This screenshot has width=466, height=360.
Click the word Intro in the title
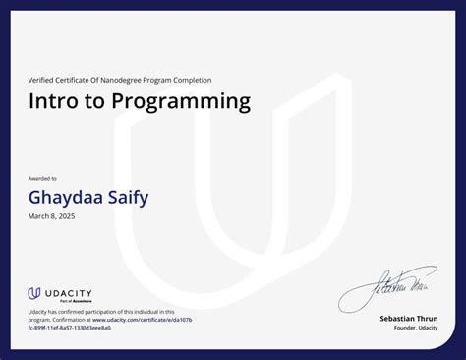pos(52,101)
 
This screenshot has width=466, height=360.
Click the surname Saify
pos(128,197)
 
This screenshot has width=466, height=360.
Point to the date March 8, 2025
pos(51,216)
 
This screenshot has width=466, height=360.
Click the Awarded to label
pos(42,178)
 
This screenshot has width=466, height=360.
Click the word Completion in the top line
pos(194,80)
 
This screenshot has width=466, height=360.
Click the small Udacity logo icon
pos(34,293)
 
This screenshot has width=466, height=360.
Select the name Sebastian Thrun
pos(409,319)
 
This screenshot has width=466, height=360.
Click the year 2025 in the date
pos(65,216)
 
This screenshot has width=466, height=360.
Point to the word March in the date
pos(38,216)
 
